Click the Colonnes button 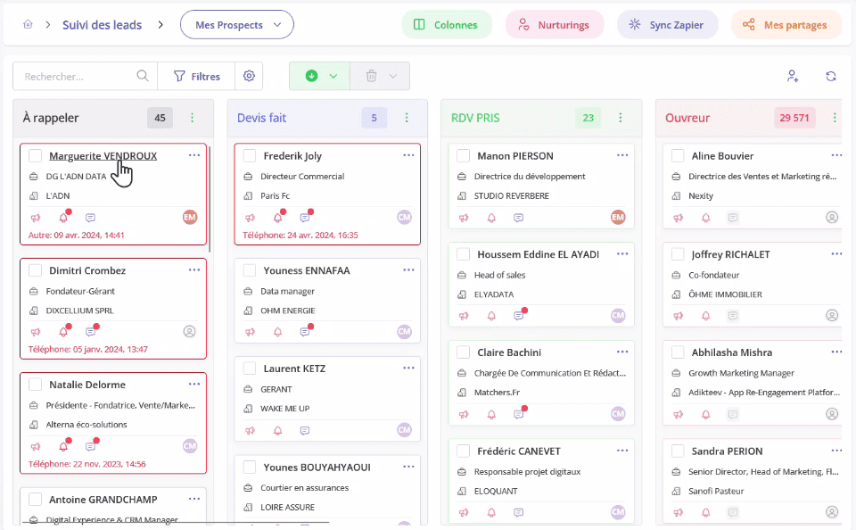(446, 25)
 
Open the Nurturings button (554, 25)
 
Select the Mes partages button (786, 25)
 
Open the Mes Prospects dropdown (236, 25)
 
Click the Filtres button (196, 77)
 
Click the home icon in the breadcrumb (28, 25)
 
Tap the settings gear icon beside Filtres (249, 77)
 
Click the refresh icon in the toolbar (831, 77)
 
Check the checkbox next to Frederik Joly (250, 156)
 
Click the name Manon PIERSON (515, 156)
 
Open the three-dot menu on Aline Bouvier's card (836, 155)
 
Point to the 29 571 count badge (794, 118)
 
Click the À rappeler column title (51, 118)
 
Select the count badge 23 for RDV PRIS (588, 118)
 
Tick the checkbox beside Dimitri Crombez (36, 270)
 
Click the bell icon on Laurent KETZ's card (277, 430)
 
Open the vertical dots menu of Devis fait (407, 118)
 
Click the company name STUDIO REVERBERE (511, 195)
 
